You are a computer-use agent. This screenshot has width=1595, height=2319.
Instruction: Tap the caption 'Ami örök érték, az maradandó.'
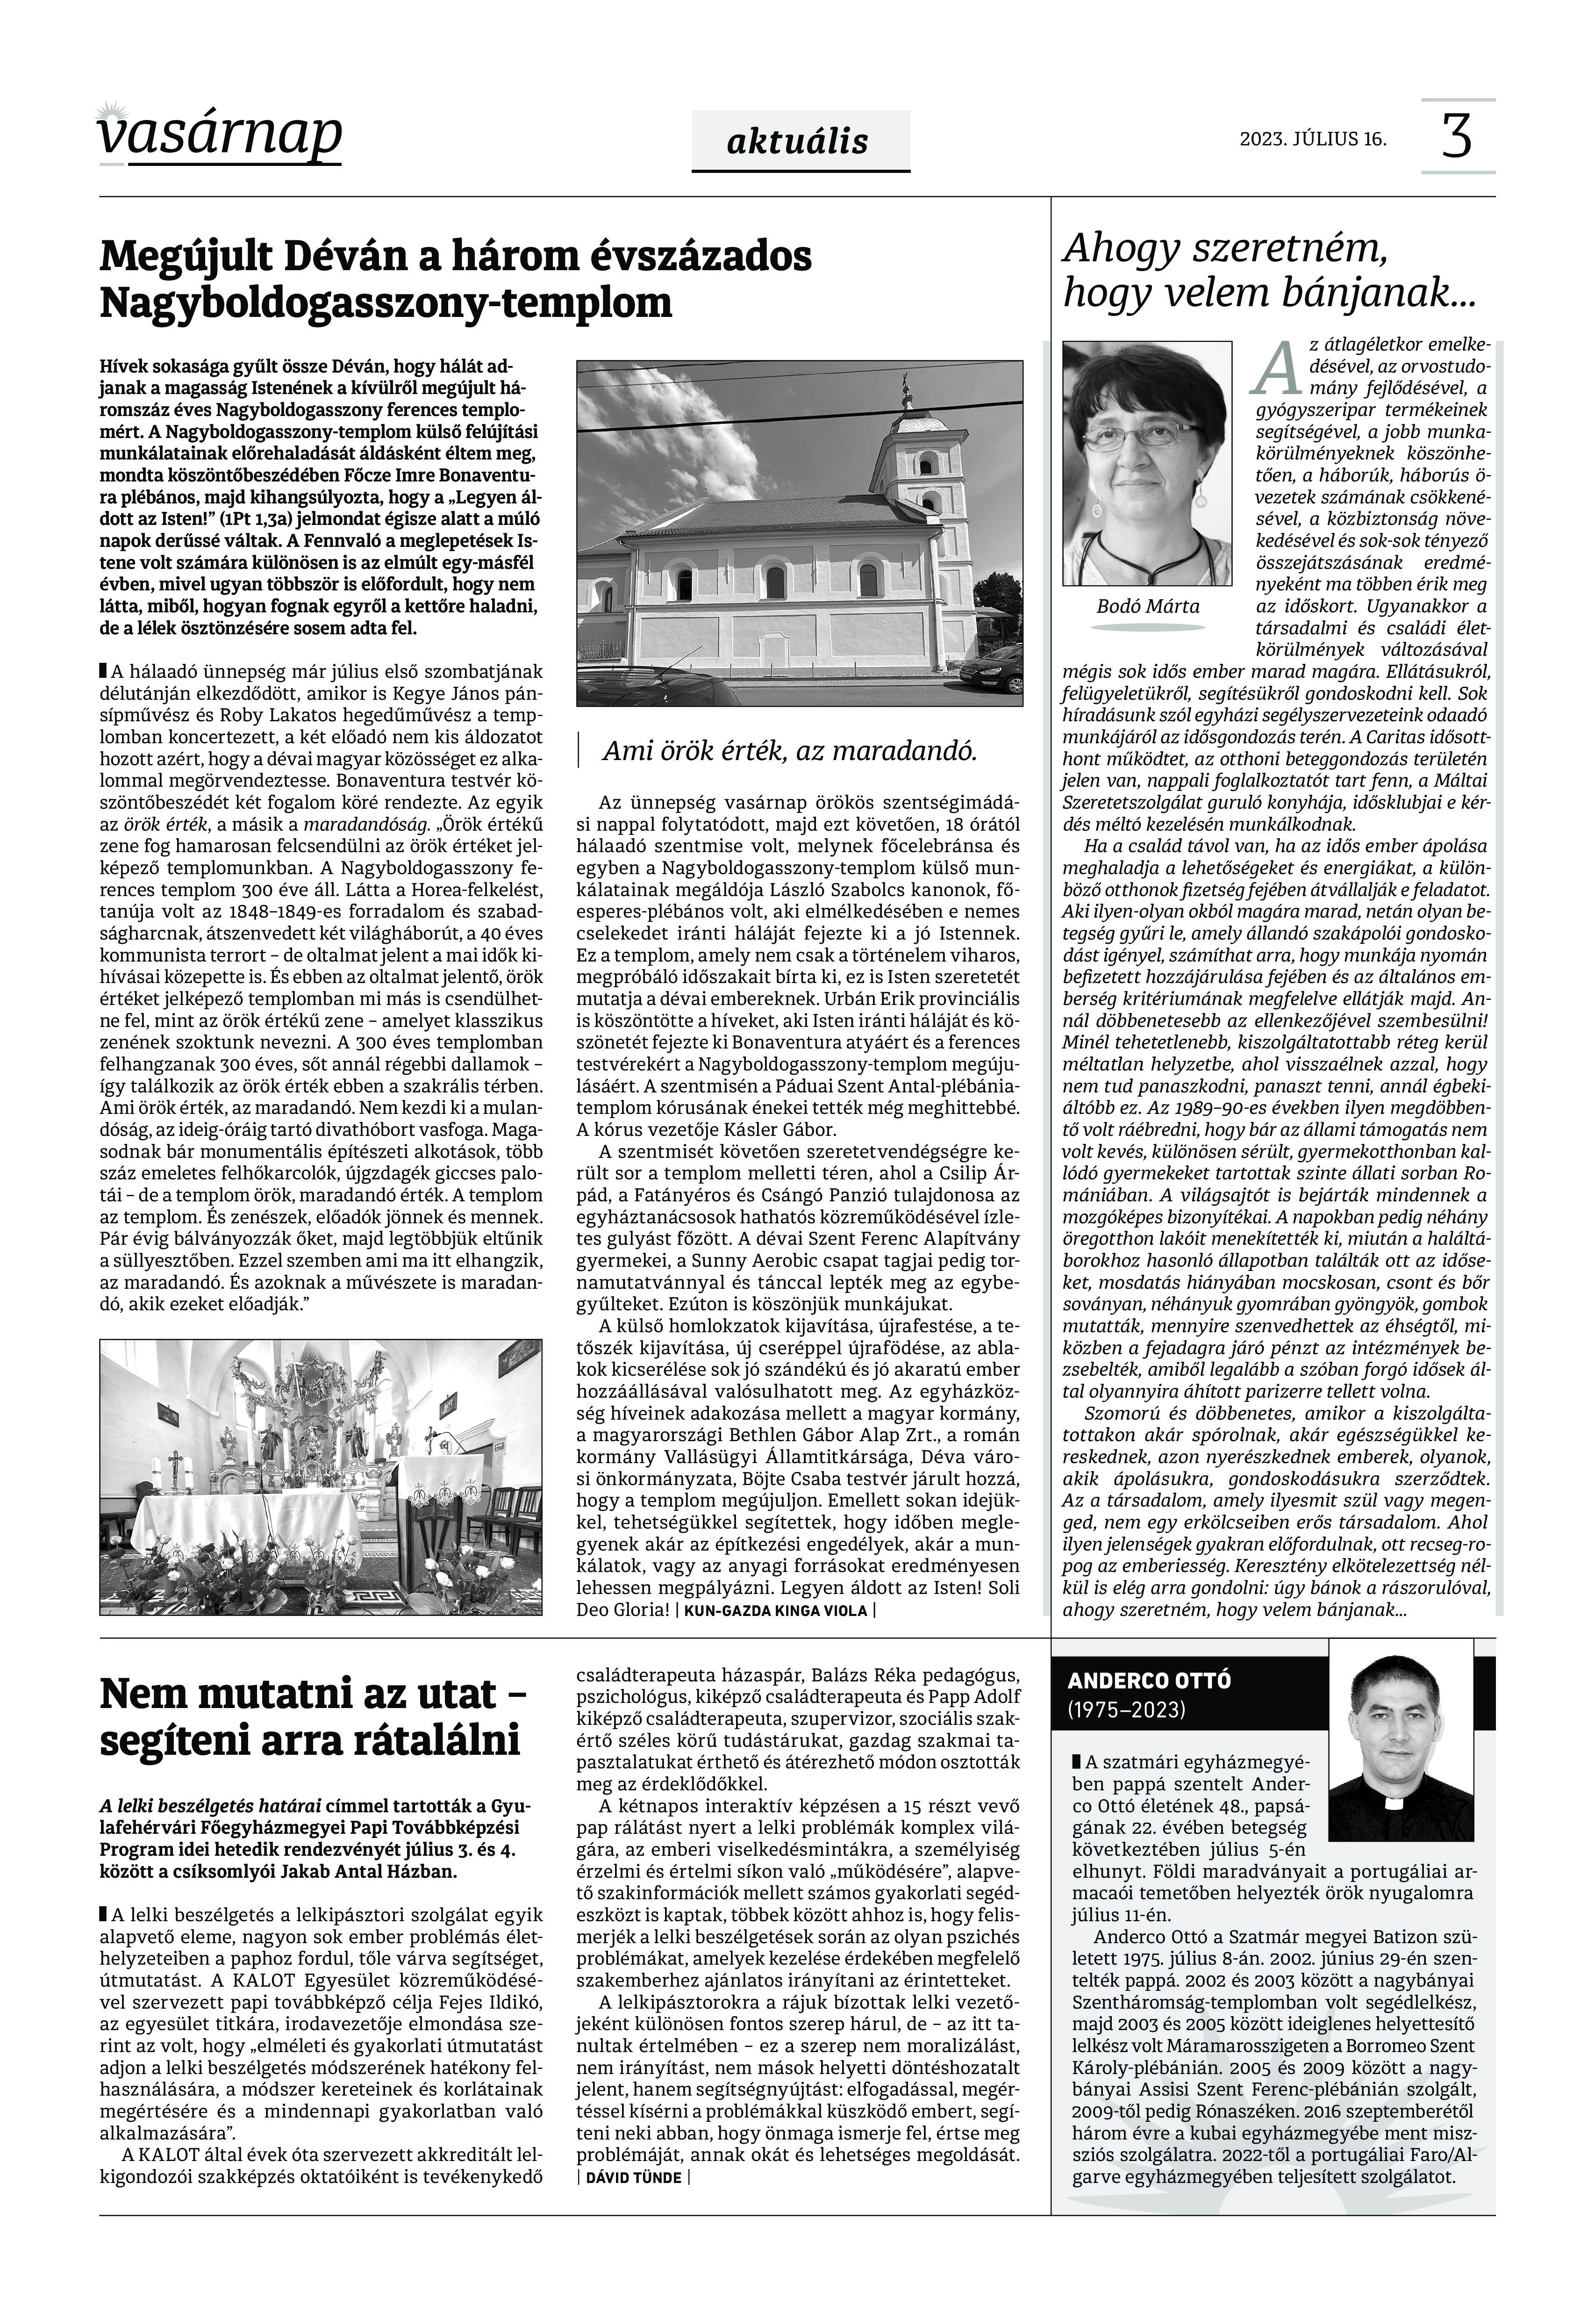tap(789, 752)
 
